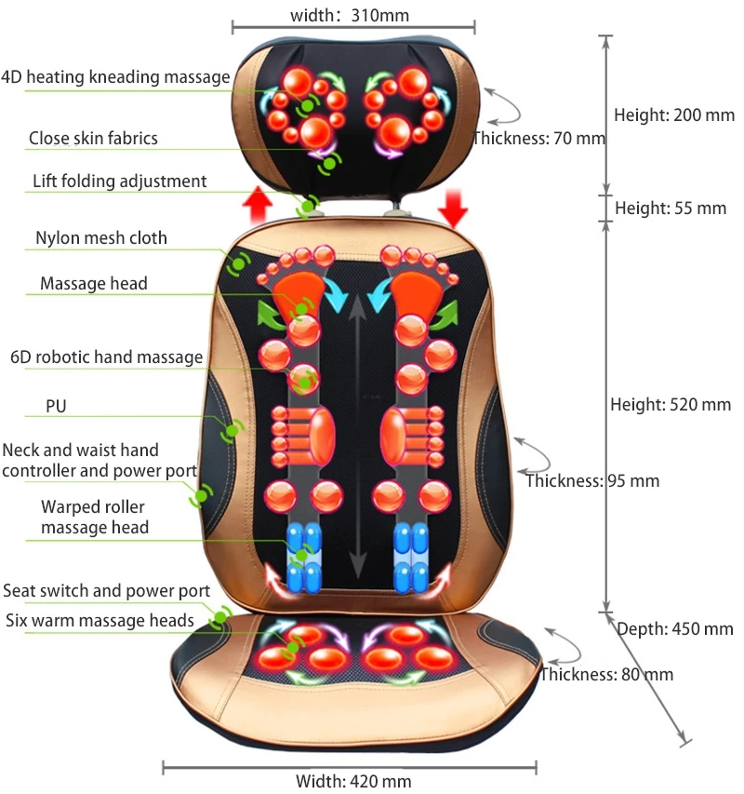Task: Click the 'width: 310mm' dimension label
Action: click(x=350, y=14)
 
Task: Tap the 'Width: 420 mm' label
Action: click(x=353, y=781)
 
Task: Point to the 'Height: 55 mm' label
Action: click(x=671, y=208)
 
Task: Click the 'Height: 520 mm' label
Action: click(x=671, y=405)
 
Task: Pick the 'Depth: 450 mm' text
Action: click(x=675, y=629)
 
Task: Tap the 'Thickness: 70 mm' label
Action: click(x=539, y=139)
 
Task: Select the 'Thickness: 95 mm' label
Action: click(x=592, y=481)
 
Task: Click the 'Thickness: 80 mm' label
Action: click(x=606, y=675)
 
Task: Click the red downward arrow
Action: click(x=454, y=207)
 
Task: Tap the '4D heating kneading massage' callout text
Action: click(x=115, y=76)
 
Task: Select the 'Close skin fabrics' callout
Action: click(x=93, y=139)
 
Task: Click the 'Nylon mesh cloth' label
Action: click(x=101, y=238)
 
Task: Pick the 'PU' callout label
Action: click(x=56, y=407)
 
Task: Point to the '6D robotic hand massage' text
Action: click(x=106, y=357)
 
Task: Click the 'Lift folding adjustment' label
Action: click(x=119, y=181)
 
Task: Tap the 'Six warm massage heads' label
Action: click(x=100, y=620)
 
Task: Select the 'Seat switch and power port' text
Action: click(x=106, y=591)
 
